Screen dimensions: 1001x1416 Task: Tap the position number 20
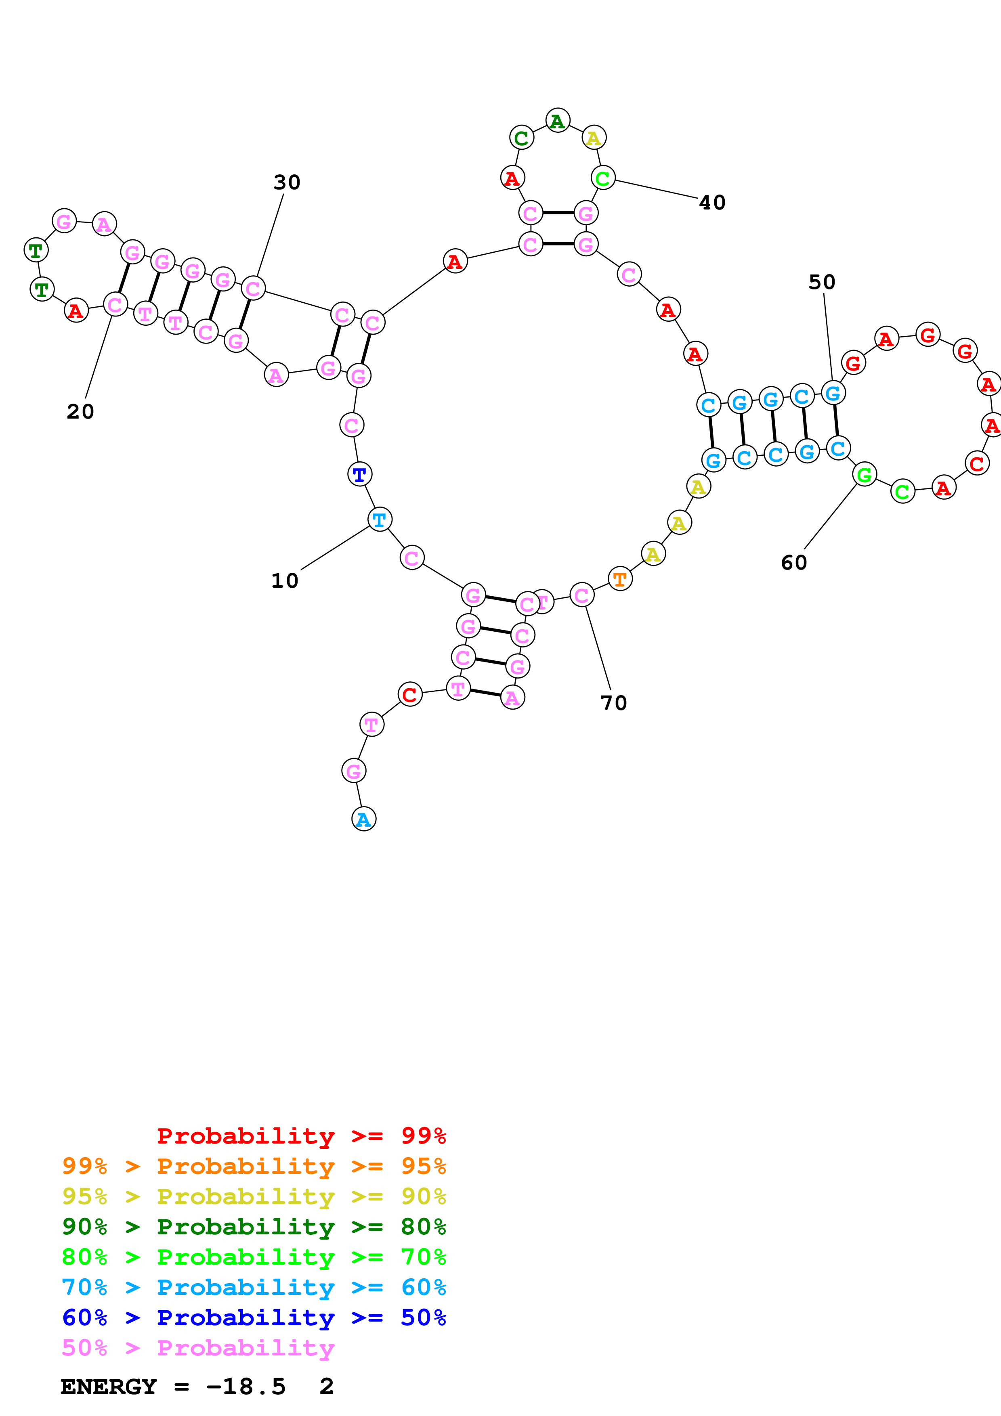click(x=80, y=411)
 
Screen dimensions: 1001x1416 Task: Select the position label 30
click(x=287, y=182)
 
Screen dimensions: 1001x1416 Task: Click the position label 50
click(x=822, y=282)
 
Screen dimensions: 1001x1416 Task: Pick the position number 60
click(x=794, y=562)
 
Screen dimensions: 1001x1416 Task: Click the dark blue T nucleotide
click(x=359, y=474)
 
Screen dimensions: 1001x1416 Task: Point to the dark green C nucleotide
click(x=522, y=138)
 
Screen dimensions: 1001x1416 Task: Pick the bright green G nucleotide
click(x=864, y=474)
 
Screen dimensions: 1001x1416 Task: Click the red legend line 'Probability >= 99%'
click(x=301, y=1135)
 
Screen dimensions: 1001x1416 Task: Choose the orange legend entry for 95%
click(x=254, y=1166)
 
